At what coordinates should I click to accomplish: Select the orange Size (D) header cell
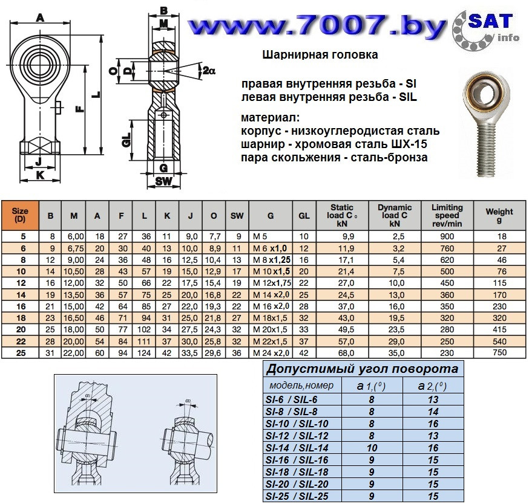20,215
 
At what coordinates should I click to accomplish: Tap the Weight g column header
499,215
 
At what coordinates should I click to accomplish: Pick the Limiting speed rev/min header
447,215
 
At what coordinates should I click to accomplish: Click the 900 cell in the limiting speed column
447,236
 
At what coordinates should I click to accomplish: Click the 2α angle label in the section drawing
209,71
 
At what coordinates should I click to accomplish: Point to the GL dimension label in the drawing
126,140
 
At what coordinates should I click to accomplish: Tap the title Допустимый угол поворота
362,369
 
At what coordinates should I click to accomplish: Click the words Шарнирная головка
320,54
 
